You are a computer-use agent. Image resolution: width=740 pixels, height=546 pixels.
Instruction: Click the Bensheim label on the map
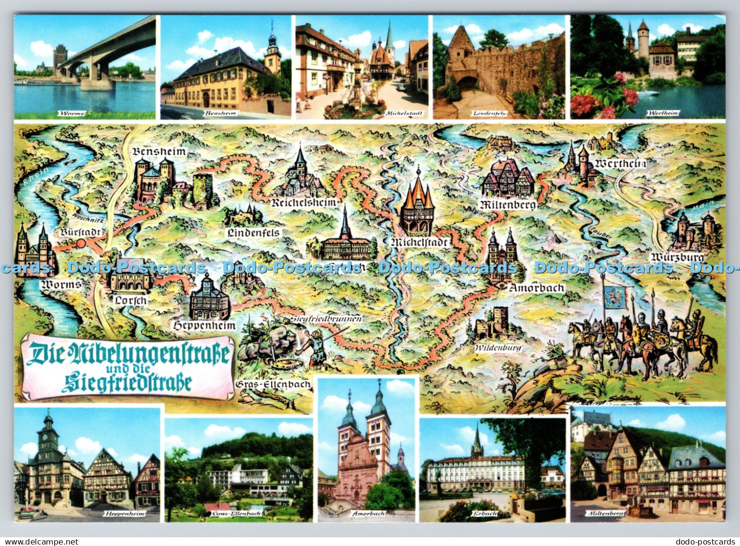(x=159, y=152)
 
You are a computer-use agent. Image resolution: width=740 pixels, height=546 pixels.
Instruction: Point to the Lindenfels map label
(x=253, y=232)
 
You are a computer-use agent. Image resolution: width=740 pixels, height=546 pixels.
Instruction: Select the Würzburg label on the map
(x=677, y=257)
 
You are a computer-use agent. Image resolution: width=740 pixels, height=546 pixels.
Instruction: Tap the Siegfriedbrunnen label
(x=326, y=319)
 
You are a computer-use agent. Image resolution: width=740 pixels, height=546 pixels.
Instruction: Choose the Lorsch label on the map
(x=130, y=300)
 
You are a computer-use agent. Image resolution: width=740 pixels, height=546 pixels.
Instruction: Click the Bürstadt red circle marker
(x=81, y=243)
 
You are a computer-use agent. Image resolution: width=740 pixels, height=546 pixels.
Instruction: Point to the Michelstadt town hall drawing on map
(x=418, y=203)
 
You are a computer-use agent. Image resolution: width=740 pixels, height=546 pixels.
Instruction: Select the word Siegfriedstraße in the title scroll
(x=127, y=382)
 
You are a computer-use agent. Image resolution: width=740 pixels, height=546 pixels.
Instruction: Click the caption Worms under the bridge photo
(x=71, y=113)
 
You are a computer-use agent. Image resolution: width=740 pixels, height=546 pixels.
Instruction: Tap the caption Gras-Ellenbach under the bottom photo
(x=237, y=514)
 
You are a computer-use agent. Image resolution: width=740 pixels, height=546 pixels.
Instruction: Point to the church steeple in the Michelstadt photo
(x=389, y=37)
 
